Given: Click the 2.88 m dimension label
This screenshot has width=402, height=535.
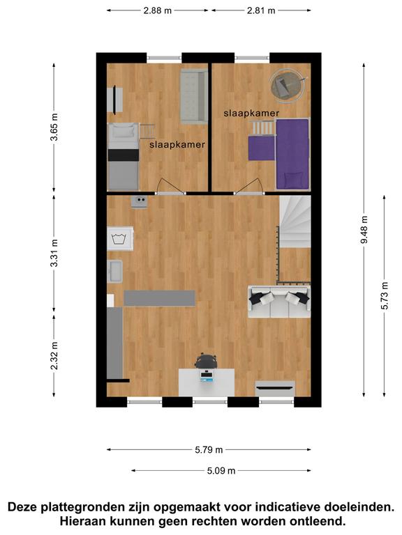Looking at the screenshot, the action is coord(157,10).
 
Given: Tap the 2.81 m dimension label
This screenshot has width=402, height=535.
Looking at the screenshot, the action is coord(261,10).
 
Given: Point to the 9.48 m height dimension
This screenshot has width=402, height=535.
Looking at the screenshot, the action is coord(364,230).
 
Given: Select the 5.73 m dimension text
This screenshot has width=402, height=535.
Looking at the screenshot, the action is coord(385,295).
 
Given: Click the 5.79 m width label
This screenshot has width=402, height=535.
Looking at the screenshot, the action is coord(209,450).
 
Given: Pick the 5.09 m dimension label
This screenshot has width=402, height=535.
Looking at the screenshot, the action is coord(221,471).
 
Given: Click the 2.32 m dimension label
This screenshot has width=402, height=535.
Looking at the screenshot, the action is coord(54,355).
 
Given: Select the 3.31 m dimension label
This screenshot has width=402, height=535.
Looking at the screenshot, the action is coord(54,253).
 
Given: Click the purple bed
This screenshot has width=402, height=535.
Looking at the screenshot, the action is coord(292,153).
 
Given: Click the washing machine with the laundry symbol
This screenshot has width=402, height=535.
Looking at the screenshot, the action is coord(119,238).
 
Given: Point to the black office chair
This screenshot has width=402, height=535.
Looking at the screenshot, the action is coord(206,361).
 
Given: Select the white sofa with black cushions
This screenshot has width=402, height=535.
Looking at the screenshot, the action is coord(279,302).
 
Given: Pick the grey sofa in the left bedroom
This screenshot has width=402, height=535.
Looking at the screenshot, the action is coord(194,96).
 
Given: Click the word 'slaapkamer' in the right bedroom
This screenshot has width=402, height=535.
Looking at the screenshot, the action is coord(251,114).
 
